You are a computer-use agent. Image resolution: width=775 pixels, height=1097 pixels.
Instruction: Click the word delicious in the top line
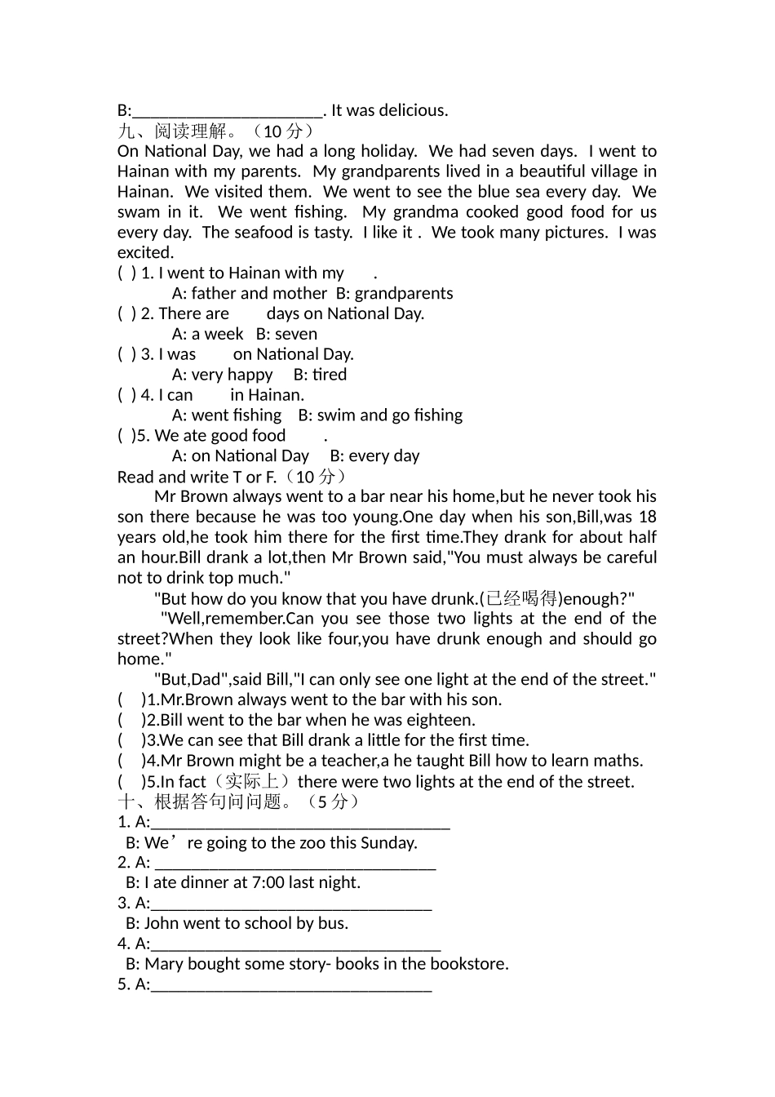(413, 110)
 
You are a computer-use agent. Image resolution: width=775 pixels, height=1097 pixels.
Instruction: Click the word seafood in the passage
(263, 232)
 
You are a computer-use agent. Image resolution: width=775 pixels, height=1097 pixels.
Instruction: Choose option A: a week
(207, 334)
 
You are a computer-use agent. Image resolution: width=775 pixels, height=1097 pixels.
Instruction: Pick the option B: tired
(320, 375)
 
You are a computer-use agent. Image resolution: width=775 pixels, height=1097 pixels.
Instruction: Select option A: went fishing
(227, 415)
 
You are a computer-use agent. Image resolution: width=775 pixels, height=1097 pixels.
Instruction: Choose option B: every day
(374, 455)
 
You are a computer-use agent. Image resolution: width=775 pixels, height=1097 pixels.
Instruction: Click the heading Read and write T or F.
(197, 477)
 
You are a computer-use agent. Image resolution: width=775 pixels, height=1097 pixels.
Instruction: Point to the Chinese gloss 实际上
(252, 781)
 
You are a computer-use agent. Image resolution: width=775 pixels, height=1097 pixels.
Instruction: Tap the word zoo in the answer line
(312, 842)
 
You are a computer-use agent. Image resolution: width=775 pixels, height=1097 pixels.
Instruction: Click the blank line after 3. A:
(291, 904)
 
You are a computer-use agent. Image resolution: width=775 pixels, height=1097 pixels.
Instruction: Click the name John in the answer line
(162, 923)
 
